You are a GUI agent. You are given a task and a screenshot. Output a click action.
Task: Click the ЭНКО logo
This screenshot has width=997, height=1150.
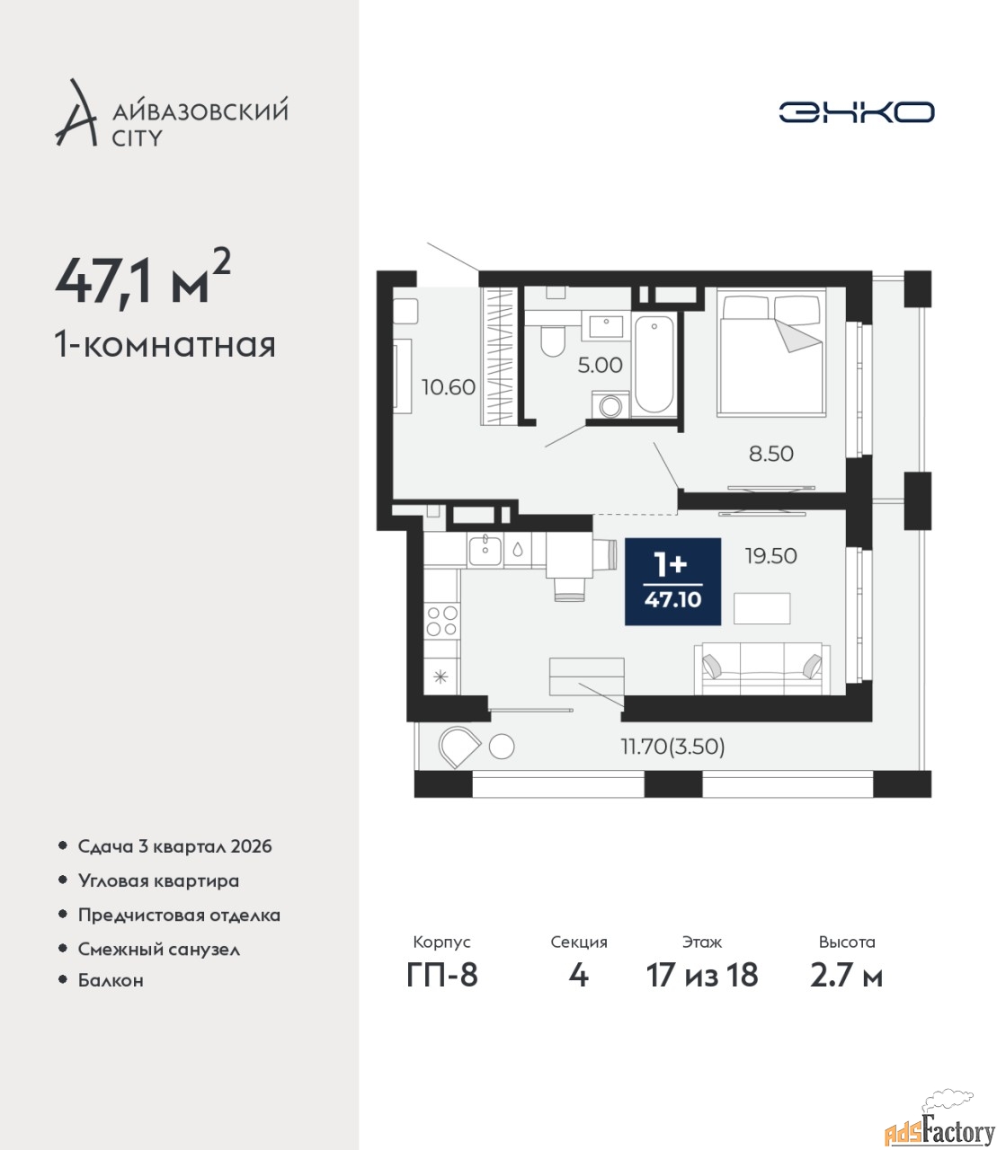pyautogui.click(x=856, y=111)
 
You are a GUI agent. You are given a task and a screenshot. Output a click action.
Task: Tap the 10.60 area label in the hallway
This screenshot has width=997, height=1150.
pyautogui.click(x=448, y=387)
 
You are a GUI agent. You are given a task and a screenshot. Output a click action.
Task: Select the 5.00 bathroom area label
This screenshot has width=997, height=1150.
pyautogui.click(x=600, y=365)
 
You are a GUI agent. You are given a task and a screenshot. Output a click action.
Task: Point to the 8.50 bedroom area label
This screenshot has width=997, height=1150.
pyautogui.click(x=770, y=454)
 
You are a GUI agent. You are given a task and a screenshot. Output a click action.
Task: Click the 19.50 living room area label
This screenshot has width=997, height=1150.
pyautogui.click(x=771, y=555)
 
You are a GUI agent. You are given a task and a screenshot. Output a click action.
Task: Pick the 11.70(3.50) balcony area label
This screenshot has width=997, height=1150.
pyautogui.click(x=673, y=747)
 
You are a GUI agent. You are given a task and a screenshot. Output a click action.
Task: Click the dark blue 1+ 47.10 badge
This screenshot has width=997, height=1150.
pyautogui.click(x=672, y=581)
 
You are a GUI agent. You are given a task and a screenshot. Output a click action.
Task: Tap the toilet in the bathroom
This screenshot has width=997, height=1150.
pyautogui.click(x=553, y=340)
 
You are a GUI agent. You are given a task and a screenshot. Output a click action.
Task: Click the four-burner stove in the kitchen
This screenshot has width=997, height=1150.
pyautogui.click(x=441, y=621)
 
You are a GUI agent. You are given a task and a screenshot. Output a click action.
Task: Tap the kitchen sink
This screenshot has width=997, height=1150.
pyautogui.click(x=485, y=550)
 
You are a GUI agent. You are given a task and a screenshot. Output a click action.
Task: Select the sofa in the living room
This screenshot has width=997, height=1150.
pyautogui.click(x=762, y=668)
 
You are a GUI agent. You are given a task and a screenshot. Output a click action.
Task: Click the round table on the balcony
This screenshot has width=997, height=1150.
pyautogui.click(x=501, y=747)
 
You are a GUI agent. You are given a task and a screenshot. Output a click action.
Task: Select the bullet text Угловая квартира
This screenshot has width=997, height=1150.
pyautogui.click(x=158, y=881)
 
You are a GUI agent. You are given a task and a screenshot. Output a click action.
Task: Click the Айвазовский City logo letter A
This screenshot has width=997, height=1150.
pyautogui.click(x=76, y=113)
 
